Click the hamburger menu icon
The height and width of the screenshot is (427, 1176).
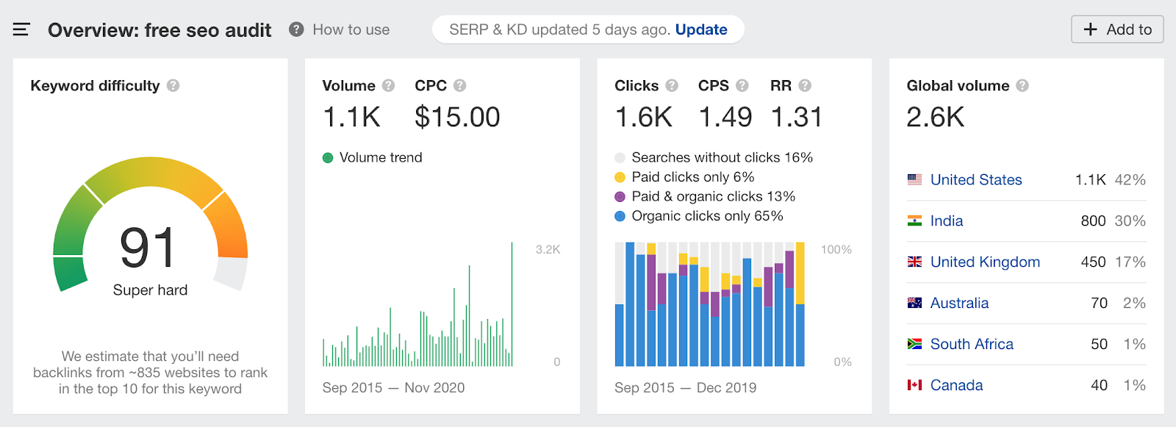21,29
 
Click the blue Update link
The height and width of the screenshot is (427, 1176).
701,29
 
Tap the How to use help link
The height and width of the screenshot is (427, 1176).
351,29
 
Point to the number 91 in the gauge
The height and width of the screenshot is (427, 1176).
148,248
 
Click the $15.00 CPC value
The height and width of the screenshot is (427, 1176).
457,117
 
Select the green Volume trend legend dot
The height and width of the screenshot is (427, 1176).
328,158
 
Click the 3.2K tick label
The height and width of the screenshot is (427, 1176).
548,250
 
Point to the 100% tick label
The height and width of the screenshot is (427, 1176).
836,250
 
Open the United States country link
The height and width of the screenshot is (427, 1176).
976,180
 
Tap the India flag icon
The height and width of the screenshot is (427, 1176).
914,221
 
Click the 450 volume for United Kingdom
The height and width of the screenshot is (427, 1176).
1093,262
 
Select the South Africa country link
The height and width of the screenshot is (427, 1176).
972,345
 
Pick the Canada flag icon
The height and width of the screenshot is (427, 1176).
914,386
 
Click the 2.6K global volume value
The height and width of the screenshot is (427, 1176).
935,117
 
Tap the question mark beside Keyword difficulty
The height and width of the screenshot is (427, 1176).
173,86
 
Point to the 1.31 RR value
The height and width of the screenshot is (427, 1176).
797,117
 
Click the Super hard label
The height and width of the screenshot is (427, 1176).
150,290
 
